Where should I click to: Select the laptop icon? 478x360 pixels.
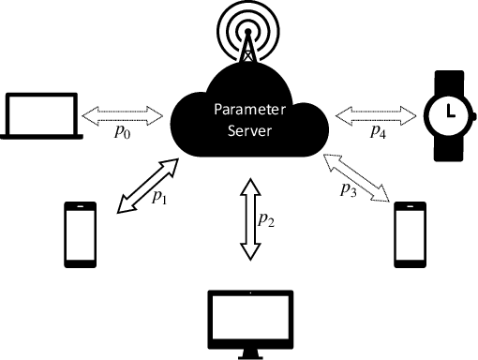[39, 114]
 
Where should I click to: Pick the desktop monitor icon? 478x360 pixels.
[249, 320]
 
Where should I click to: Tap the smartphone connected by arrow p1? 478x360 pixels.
[81, 233]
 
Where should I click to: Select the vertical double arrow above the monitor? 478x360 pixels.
[248, 218]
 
